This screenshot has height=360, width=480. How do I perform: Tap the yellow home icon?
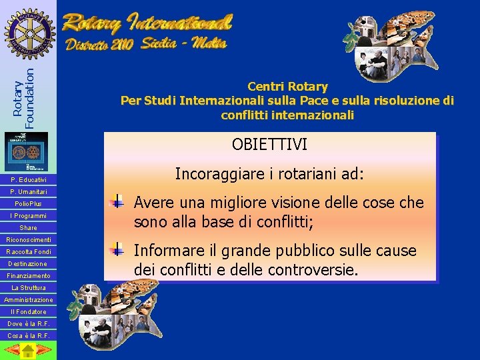coord(27,350)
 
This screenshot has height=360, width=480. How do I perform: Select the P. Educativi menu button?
coord(28,180)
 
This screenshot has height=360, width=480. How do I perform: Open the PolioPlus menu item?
coord(28,204)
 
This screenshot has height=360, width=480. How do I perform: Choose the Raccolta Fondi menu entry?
coord(28,252)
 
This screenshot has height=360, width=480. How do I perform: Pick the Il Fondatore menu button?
coord(28,312)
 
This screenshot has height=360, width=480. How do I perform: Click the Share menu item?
coord(28,228)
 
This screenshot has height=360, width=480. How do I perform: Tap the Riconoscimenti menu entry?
coord(28,240)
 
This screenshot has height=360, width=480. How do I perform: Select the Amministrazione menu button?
coord(28,300)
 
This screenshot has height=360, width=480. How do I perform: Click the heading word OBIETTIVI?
coord(269,144)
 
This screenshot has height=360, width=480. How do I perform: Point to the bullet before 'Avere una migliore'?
coord(117,201)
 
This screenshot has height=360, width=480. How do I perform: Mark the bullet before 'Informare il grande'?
coord(117,250)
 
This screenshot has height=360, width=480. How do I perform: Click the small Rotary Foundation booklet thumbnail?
coord(27,151)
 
